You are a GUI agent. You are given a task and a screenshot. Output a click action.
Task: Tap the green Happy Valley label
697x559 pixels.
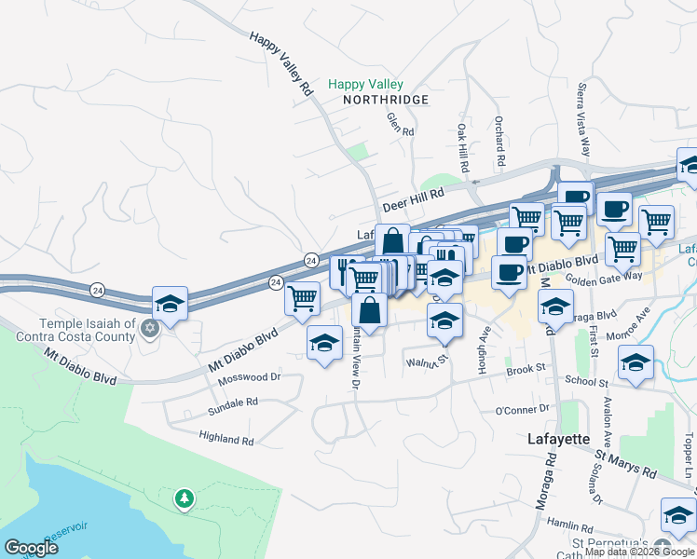364,85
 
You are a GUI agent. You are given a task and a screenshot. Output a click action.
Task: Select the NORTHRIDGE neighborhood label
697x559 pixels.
385,100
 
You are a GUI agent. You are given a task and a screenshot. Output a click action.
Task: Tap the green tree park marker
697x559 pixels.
184,498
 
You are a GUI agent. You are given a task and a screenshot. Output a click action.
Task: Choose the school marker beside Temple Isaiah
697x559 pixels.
170,304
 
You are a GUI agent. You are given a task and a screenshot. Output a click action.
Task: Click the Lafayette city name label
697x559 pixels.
558,438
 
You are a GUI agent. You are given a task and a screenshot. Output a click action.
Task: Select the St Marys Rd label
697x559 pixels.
626,464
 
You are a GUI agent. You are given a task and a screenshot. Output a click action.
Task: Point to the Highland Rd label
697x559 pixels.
226,437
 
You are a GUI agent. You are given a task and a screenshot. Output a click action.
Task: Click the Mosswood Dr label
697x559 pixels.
249,378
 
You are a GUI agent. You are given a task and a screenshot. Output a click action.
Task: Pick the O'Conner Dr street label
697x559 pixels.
524,410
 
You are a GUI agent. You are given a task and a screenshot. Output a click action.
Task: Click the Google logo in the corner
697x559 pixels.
32,548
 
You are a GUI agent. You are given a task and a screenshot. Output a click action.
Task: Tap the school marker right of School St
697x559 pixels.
635,362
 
